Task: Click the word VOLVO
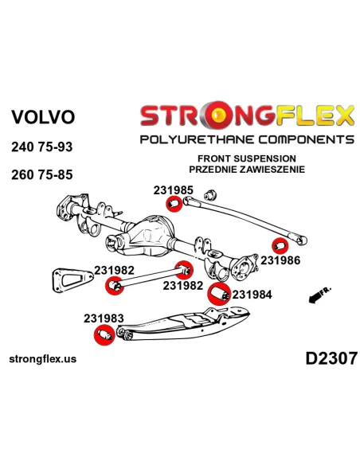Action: pyautogui.click(x=43, y=117)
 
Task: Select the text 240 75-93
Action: pyautogui.click(x=41, y=147)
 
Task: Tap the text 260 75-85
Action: pyautogui.click(x=41, y=174)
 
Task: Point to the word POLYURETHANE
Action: pyautogui.click(x=197, y=139)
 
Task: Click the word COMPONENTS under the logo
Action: pyautogui.click(x=305, y=139)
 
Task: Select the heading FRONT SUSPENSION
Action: pyautogui.click(x=247, y=158)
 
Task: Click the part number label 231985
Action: pyautogui.click(x=173, y=190)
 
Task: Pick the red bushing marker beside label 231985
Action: pyautogui.click(x=174, y=205)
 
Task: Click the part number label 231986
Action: pyautogui.click(x=280, y=260)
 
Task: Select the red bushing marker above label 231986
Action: pyautogui.click(x=280, y=246)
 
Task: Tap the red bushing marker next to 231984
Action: pyautogui.click(x=219, y=294)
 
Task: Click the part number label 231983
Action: pyautogui.click(x=104, y=318)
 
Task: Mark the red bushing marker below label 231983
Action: pyautogui.click(x=104, y=335)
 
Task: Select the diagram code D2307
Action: pyautogui.click(x=331, y=358)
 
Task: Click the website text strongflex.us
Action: pyautogui.click(x=43, y=359)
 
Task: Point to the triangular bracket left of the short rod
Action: pyautogui.click(x=72, y=279)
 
